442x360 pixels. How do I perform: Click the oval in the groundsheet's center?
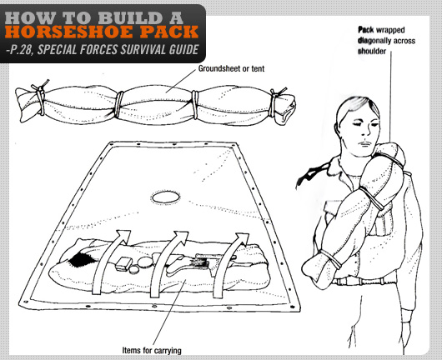tap(163, 197)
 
